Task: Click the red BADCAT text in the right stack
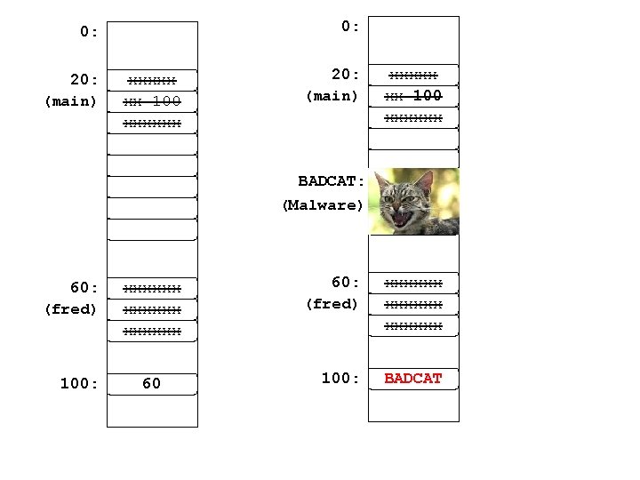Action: [412, 379]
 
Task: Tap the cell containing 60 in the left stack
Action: [152, 384]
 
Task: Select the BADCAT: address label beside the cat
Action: [332, 181]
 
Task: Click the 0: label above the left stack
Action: [89, 32]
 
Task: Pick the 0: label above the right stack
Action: [350, 27]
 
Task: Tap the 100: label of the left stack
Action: [78, 384]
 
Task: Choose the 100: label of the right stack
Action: [340, 378]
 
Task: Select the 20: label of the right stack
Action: [344, 74]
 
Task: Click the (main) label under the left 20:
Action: [70, 100]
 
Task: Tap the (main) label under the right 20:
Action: [332, 95]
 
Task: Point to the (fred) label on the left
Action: [70, 309]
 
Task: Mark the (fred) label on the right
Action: [332, 303]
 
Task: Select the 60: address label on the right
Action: [345, 282]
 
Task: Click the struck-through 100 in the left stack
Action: [167, 100]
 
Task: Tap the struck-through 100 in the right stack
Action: [428, 95]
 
